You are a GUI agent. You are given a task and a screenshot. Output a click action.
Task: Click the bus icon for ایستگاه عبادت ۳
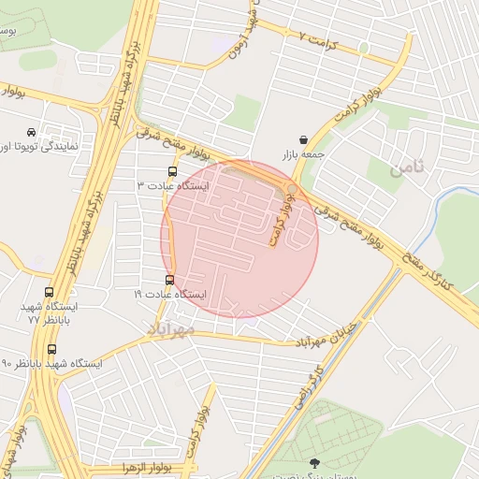[172, 171]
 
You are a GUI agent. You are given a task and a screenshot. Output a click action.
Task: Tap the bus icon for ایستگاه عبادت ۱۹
[169, 280]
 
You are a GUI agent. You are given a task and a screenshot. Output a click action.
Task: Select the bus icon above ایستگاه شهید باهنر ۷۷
[50, 292]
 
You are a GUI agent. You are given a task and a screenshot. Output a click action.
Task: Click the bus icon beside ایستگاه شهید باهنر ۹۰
[51, 349]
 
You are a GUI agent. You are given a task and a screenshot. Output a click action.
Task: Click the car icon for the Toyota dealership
[33, 132]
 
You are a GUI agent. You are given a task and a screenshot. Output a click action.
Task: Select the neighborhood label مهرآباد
[170, 329]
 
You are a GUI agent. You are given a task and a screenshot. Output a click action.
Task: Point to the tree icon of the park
[313, 463]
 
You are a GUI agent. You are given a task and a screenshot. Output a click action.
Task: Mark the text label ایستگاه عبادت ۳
[174, 186]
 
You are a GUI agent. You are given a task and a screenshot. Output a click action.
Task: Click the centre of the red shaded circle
[239, 239]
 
